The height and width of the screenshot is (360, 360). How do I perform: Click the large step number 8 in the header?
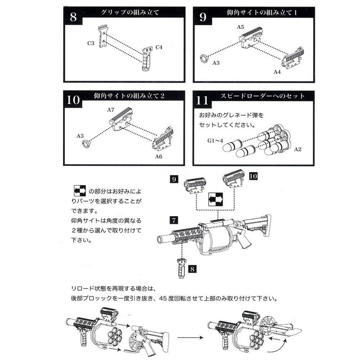click(x=73, y=17)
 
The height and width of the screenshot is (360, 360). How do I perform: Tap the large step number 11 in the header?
click(x=203, y=100)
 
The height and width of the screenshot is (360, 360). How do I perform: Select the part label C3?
click(x=91, y=44)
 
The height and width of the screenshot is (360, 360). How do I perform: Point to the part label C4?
click(x=159, y=48)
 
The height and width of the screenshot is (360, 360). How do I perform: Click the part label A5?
click(x=240, y=27)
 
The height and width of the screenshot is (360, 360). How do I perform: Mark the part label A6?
click(x=159, y=156)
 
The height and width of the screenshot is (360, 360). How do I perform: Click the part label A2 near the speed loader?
click(x=298, y=149)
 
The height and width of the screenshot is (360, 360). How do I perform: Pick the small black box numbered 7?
click(x=175, y=219)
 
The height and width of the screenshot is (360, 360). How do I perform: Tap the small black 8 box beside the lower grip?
click(x=193, y=269)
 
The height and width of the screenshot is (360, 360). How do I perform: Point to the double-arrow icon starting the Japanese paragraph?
click(x=80, y=191)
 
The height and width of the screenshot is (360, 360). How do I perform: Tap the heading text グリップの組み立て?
click(x=129, y=12)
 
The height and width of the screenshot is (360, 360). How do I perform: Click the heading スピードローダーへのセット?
click(x=262, y=96)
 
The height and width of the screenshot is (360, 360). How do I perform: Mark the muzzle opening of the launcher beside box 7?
click(x=160, y=239)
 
